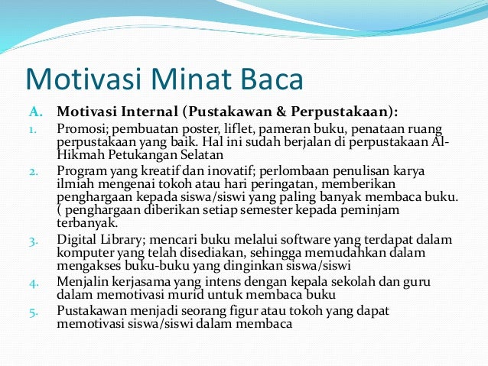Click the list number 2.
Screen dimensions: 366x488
(x=34, y=170)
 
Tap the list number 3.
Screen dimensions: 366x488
(x=34, y=242)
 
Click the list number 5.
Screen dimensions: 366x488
(x=34, y=311)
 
